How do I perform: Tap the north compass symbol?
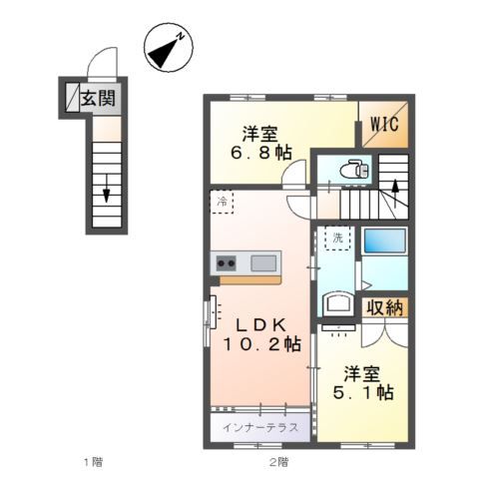(169, 46)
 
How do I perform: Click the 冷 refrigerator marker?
(221, 202)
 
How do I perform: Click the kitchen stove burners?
(225, 263)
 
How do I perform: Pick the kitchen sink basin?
(263, 263)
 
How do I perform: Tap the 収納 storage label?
(384, 307)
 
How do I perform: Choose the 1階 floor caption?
(92, 461)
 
